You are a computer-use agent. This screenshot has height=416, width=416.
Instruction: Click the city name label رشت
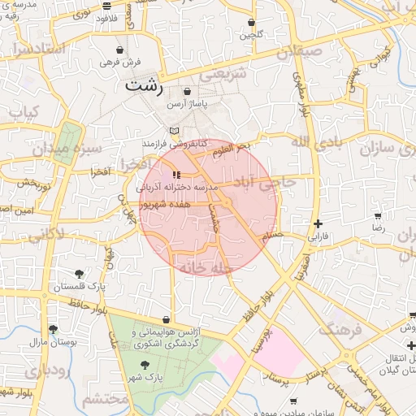click(x=145, y=84)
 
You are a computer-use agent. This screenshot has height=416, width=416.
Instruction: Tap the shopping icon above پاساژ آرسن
click(x=188, y=92)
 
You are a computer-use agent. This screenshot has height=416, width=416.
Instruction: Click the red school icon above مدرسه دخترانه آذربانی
click(x=177, y=175)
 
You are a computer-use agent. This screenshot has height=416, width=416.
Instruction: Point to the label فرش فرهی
click(x=120, y=62)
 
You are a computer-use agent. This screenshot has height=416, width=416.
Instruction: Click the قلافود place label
click(x=106, y=16)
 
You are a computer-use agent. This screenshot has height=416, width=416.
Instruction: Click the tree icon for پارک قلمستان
click(x=78, y=274)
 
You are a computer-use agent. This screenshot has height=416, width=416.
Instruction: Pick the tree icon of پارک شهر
click(x=144, y=366)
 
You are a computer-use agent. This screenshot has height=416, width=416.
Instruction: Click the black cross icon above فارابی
click(x=318, y=223)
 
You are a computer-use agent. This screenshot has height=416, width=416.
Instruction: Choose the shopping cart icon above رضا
click(x=378, y=216)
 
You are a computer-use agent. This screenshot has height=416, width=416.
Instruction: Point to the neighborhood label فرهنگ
click(x=337, y=328)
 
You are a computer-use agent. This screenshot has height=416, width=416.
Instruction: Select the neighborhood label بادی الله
click(x=313, y=143)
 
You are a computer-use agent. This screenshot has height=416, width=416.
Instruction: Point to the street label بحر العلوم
click(x=230, y=149)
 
